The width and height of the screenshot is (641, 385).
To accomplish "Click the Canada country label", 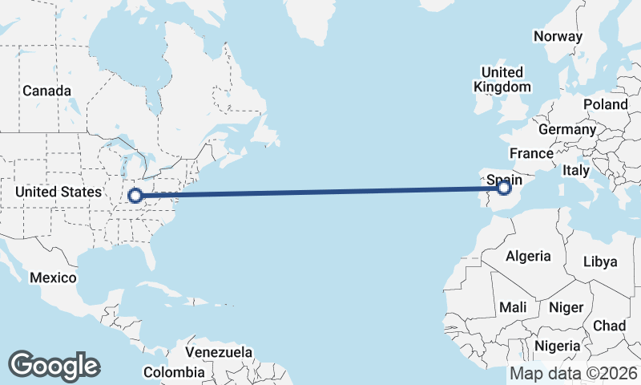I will (x=46, y=91).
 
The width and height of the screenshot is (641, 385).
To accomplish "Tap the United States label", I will (x=58, y=192).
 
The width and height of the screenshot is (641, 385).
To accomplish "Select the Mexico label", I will (x=53, y=278).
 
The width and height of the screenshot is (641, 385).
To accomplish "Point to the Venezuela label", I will (x=219, y=352).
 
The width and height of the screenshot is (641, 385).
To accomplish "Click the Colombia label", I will (x=174, y=372).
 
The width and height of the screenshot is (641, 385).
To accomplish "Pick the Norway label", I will (x=558, y=36).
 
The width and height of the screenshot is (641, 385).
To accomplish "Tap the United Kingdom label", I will (x=502, y=79).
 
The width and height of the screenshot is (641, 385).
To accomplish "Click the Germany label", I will (x=567, y=129).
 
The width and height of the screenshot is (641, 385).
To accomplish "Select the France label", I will (x=531, y=153).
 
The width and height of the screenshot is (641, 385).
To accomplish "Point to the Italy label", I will (x=576, y=170).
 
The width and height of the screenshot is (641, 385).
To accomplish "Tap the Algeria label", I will (x=528, y=256).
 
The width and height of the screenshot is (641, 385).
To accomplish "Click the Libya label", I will (x=600, y=261).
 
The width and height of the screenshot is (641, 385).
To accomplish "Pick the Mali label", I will (x=513, y=307).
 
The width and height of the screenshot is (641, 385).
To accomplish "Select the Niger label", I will (x=566, y=307).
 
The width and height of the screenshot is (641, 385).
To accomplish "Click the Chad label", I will (x=609, y=326).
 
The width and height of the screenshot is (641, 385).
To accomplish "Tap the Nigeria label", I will (x=556, y=346).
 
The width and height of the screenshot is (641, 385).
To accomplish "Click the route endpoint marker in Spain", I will (x=504, y=188).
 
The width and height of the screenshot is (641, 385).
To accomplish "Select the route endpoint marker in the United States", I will (x=135, y=195).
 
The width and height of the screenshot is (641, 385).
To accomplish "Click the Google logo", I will (x=54, y=366).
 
